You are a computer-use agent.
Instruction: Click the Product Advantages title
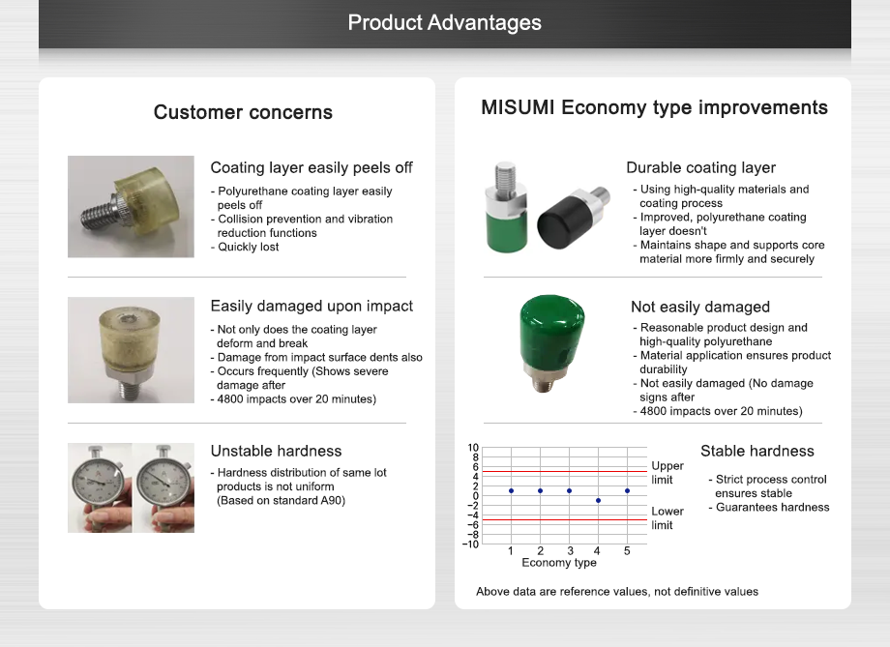444,22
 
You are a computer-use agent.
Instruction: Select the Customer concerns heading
243,112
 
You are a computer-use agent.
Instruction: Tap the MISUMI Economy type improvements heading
654,107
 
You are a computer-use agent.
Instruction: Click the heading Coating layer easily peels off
311,168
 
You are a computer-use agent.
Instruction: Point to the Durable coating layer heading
700,168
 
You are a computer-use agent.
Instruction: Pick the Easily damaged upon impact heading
311,306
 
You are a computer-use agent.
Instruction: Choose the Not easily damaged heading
700,307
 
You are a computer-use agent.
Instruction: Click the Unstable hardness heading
276,451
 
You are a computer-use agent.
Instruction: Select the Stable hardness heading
756,451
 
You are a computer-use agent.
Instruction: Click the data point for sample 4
598,500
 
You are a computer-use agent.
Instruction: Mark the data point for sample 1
511,490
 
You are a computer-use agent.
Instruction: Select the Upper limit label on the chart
667,473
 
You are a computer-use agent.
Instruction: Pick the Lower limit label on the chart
667,517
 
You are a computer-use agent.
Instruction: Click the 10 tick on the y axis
473,448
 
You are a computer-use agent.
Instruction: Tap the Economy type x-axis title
559,563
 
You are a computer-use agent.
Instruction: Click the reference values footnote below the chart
616,591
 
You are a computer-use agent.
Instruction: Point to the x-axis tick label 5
627,550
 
